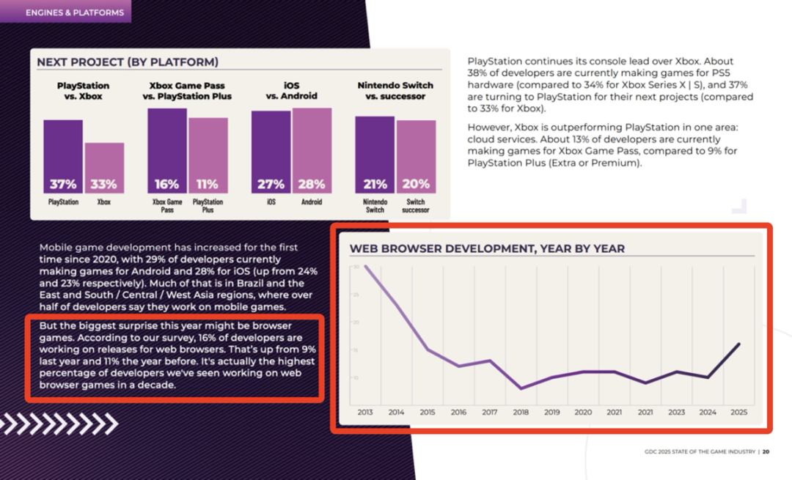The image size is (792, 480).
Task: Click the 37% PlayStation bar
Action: coord(63,156)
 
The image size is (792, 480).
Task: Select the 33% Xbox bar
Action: coord(104,168)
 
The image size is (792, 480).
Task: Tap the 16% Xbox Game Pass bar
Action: coord(167,150)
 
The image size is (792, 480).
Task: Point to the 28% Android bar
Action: coord(312,150)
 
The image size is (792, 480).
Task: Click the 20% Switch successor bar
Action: coord(416,156)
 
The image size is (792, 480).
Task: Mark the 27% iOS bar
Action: coord(271,152)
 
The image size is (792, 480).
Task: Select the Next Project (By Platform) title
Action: coord(128,63)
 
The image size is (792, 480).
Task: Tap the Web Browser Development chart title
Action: coord(487,248)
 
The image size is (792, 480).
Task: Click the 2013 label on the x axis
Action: coord(365,413)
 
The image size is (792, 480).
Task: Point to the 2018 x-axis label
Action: coord(521,413)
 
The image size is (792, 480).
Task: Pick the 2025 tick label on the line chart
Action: coord(739,413)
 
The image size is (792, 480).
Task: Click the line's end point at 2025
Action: coord(739,344)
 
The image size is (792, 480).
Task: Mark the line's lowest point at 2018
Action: coord(521,388)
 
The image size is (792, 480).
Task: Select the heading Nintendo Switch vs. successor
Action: coord(395,91)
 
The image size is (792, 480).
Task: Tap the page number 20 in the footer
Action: coord(766,451)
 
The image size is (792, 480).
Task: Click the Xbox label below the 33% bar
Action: coord(104,202)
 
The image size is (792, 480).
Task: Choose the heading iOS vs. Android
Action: coord(292,91)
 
